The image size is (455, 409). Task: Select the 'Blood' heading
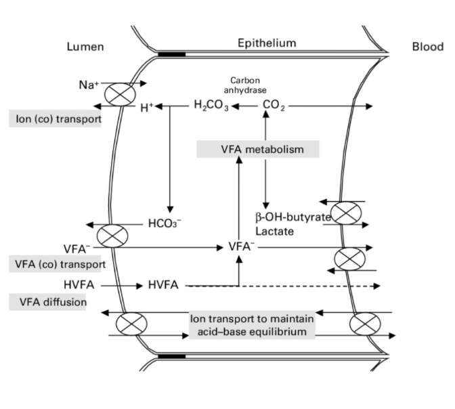coord(429,47)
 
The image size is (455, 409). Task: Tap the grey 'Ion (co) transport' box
coord(59,121)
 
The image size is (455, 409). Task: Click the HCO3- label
coord(164,223)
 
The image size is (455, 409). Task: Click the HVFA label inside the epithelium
coord(163,286)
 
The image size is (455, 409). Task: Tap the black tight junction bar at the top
coord(173,52)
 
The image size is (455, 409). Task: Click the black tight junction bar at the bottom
coord(173,356)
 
